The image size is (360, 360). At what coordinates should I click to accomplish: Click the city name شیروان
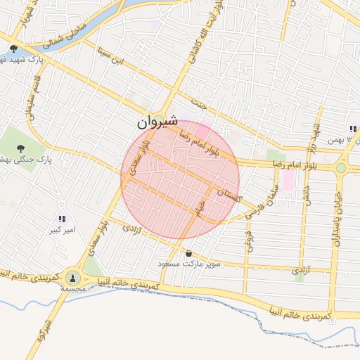[x=153, y=123]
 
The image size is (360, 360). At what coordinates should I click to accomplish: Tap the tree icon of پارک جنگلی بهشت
[x=20, y=147]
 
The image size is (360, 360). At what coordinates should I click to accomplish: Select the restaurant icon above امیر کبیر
[x=62, y=219]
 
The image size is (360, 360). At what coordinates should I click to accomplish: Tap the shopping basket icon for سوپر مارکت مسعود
[x=188, y=253]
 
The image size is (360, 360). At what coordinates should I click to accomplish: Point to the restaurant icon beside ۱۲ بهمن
[x=352, y=129]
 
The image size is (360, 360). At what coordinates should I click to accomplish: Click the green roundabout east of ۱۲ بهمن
[x=341, y=167]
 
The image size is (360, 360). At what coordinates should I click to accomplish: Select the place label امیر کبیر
[x=62, y=230]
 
